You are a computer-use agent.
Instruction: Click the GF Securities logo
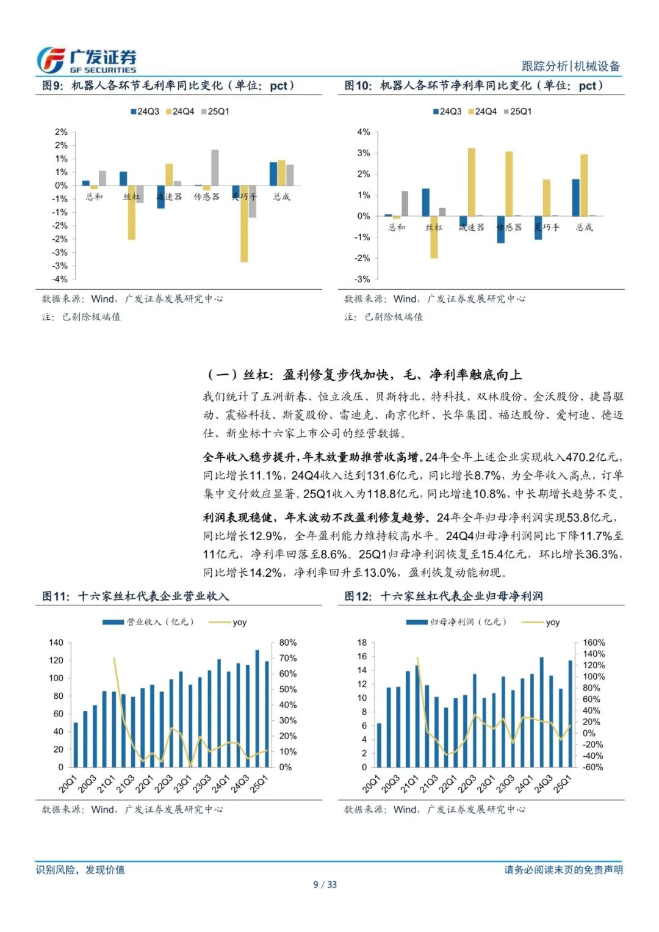(x=86, y=60)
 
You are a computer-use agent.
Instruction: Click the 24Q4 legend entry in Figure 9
(x=180, y=112)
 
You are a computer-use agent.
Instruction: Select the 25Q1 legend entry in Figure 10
(x=517, y=112)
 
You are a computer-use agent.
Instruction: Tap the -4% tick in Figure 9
(x=60, y=279)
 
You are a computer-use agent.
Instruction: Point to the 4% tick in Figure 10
(x=363, y=132)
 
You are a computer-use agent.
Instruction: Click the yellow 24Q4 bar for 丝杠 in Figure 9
(x=132, y=212)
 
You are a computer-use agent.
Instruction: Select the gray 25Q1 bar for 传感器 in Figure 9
(x=215, y=167)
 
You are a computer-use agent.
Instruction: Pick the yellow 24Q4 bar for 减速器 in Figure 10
(x=471, y=182)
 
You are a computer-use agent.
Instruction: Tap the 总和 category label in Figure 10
(x=397, y=227)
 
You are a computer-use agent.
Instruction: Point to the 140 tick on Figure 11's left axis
(x=56, y=643)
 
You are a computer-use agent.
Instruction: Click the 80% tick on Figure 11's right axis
(x=288, y=643)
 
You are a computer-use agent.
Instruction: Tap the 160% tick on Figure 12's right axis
(x=594, y=643)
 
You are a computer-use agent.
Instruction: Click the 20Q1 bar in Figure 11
(x=76, y=745)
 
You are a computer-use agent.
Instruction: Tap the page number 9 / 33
(x=325, y=884)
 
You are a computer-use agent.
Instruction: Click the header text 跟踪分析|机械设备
(x=571, y=66)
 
